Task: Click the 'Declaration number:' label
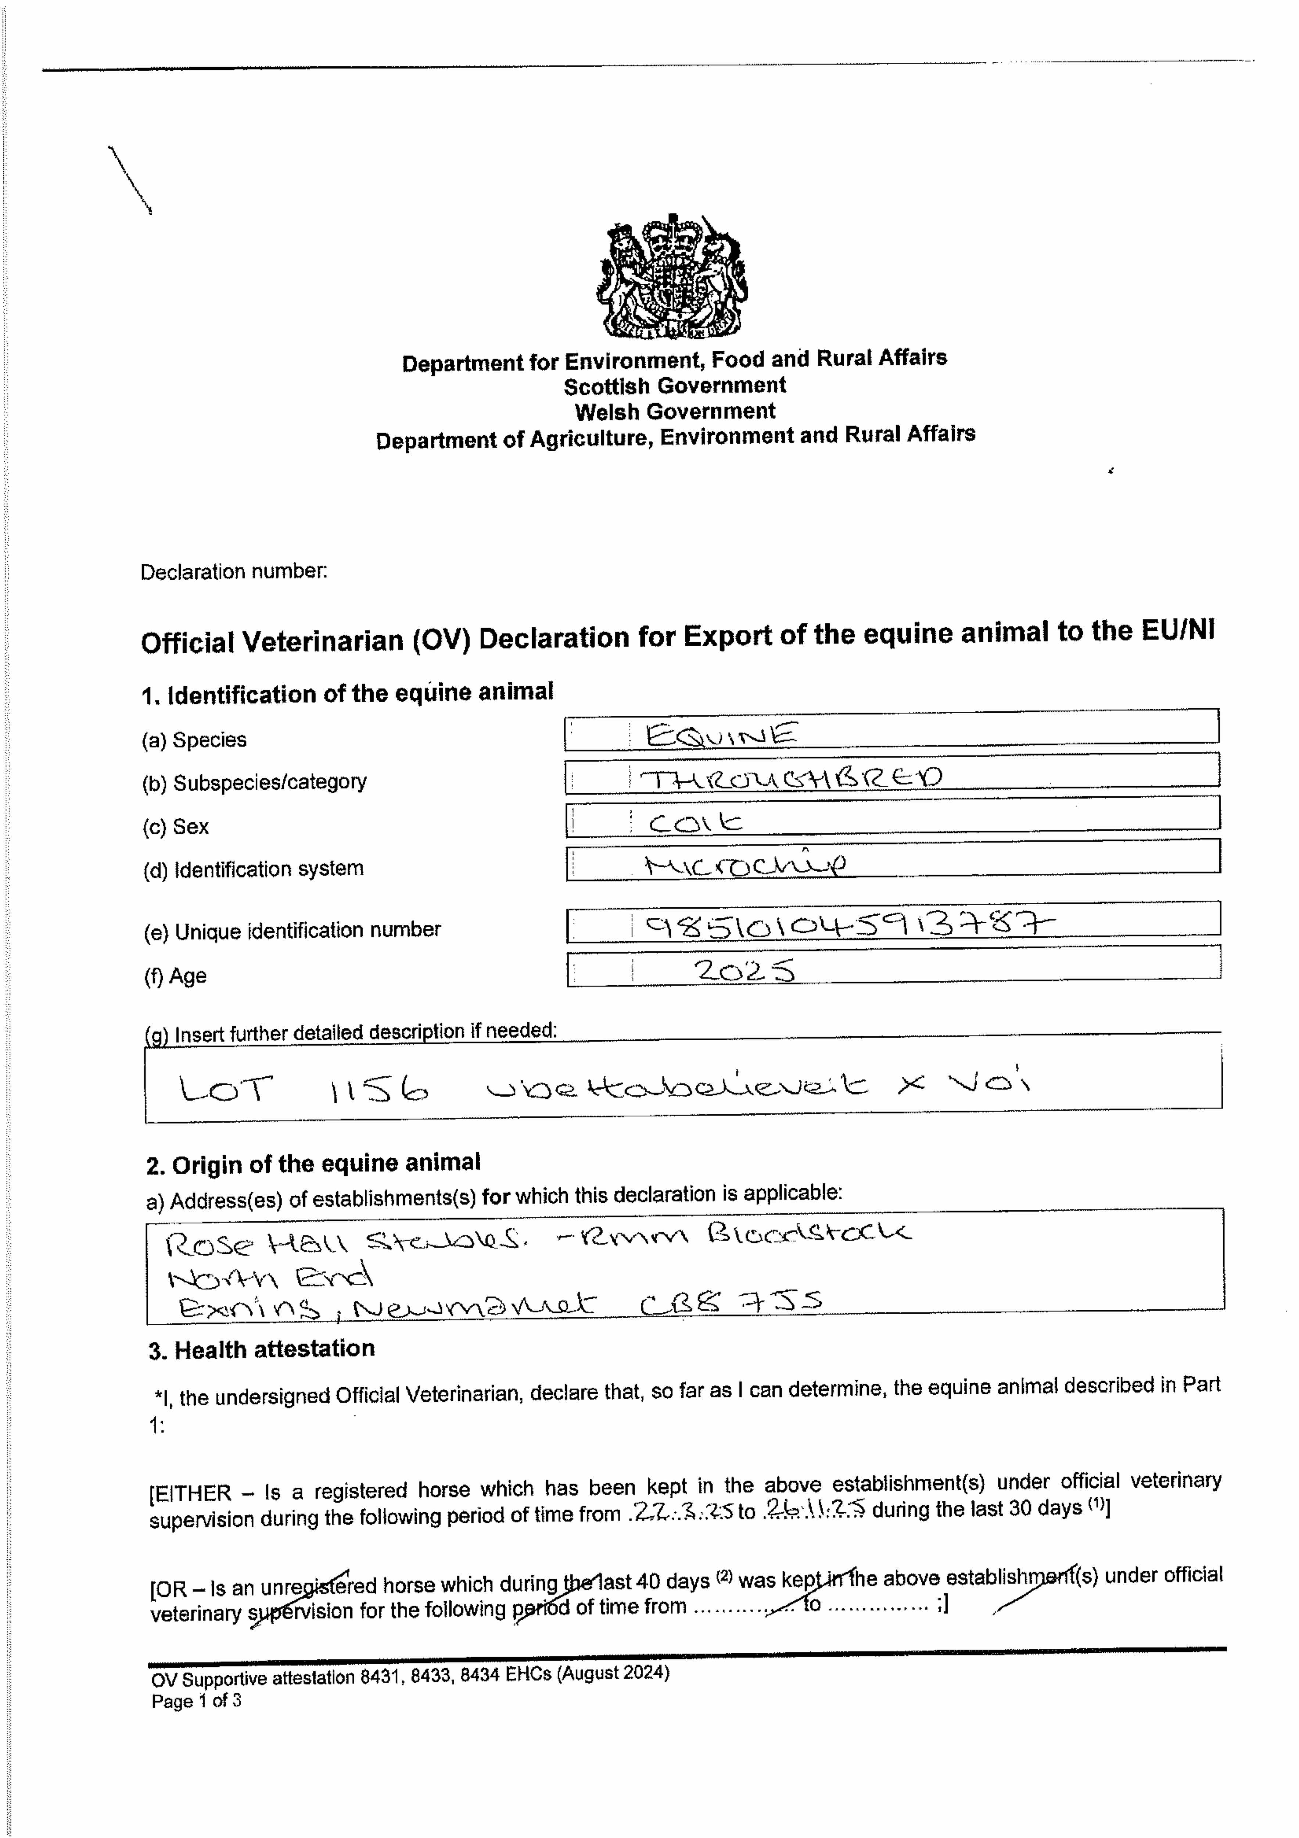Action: tap(234, 572)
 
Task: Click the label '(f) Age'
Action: tap(175, 976)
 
